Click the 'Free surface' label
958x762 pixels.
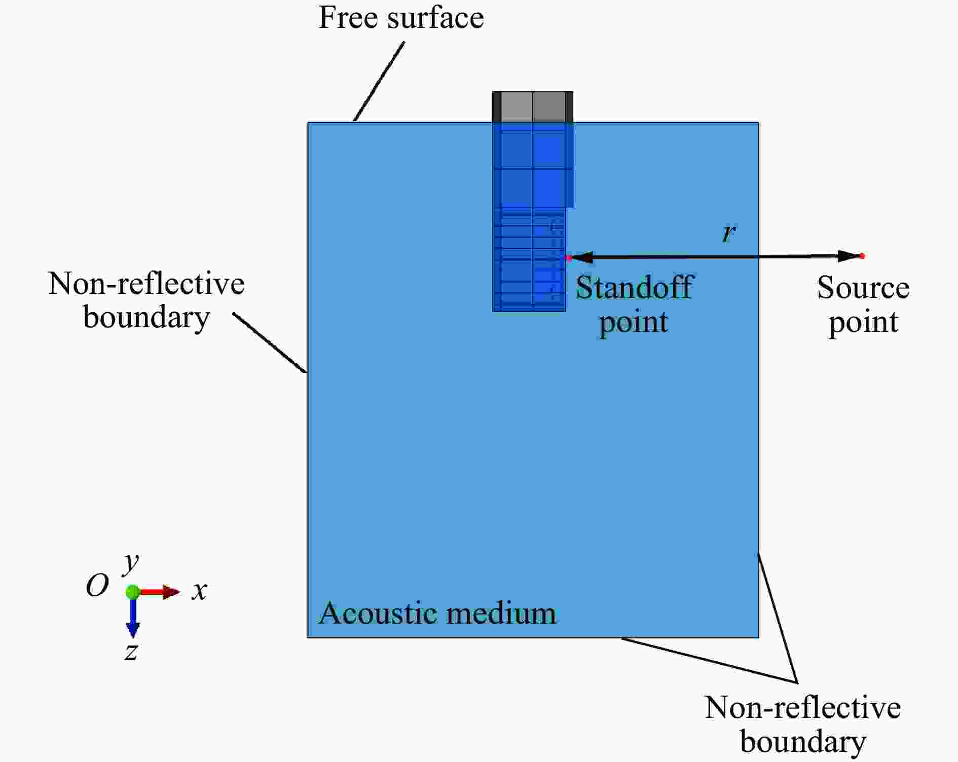coord(401,18)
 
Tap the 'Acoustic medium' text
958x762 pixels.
coord(437,613)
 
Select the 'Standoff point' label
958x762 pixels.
coord(634,304)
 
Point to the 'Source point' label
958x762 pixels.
coord(863,304)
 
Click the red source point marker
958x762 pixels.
coord(862,256)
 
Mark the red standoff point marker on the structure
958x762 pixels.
coord(568,258)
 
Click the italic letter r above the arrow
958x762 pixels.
coord(729,233)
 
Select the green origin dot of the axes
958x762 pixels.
coord(133,592)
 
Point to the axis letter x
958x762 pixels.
coord(199,591)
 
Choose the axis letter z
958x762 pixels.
coord(131,652)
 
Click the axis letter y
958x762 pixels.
coord(131,562)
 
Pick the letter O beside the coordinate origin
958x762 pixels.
coord(97,586)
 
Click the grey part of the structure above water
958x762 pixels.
coord(533,107)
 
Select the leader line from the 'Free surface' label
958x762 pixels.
coord(379,82)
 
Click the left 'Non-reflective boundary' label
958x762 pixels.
coord(146,300)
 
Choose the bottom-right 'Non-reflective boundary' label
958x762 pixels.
coord(803,725)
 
